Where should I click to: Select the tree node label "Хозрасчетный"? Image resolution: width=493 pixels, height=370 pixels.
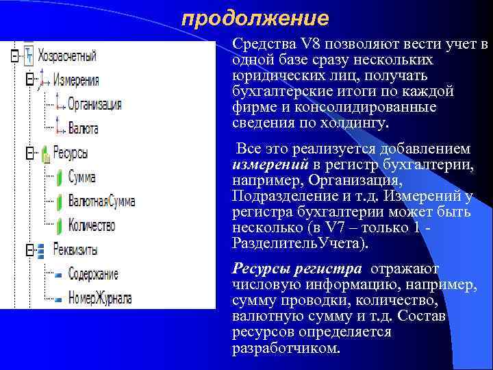pos(67,56)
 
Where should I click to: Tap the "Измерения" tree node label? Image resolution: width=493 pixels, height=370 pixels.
pos(76,80)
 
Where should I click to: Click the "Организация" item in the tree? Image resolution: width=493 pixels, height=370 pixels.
pos(94,104)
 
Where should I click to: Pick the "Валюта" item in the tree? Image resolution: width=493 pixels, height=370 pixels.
pos(83,128)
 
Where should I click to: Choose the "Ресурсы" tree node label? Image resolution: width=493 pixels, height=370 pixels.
pos(71,153)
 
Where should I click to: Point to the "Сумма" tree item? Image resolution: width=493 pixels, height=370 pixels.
pos(81,177)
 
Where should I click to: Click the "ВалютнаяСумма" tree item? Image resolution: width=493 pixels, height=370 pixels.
pos(101,201)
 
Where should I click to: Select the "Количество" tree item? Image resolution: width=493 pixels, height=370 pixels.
pos(92,225)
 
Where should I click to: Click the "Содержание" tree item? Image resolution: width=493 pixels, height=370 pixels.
pos(93,274)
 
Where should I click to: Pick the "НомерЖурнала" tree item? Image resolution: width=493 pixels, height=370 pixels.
pos(100,298)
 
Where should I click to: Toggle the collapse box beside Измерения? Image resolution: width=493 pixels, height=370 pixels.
pos(28,80)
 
